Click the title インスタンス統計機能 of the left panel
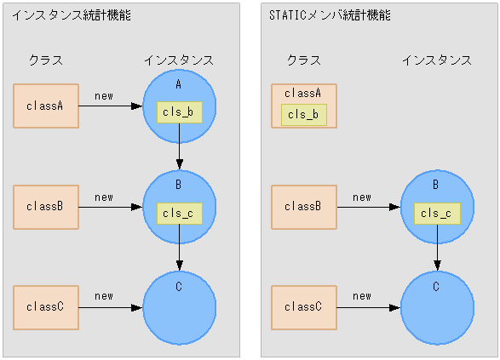point(71,14)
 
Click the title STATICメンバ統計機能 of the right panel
point(329,14)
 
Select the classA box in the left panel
point(46,106)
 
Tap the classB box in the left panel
point(46,207)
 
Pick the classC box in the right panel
point(303,307)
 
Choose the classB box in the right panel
point(303,207)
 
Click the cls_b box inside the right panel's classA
point(303,115)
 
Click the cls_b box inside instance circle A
point(179,112)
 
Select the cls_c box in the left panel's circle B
point(179,214)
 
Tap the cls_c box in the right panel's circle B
point(437,214)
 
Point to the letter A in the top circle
point(179,85)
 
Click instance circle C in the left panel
point(179,308)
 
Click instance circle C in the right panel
point(436,308)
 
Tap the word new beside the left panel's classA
point(104,95)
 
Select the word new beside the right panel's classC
point(362,296)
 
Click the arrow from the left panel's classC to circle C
point(111,307)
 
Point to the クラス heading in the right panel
point(304,60)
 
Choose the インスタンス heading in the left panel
point(179,60)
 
